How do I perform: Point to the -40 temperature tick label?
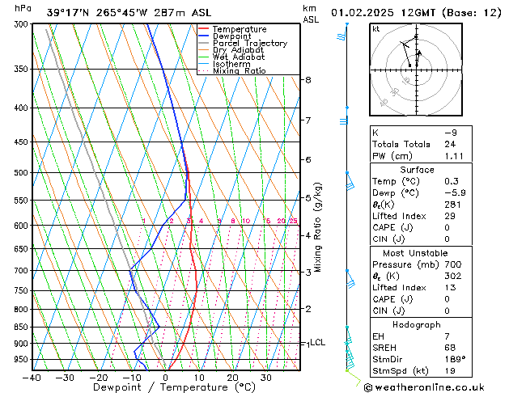[x=32, y=377]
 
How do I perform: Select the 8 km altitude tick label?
[x=308, y=80]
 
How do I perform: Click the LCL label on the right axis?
[x=317, y=343]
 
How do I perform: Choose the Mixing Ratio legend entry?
[x=239, y=71]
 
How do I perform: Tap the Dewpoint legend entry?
[x=231, y=36]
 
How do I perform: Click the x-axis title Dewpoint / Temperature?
[x=164, y=387]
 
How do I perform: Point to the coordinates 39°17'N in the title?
[x=67, y=12]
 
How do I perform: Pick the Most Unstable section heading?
[x=418, y=252]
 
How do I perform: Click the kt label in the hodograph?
[x=375, y=29]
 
